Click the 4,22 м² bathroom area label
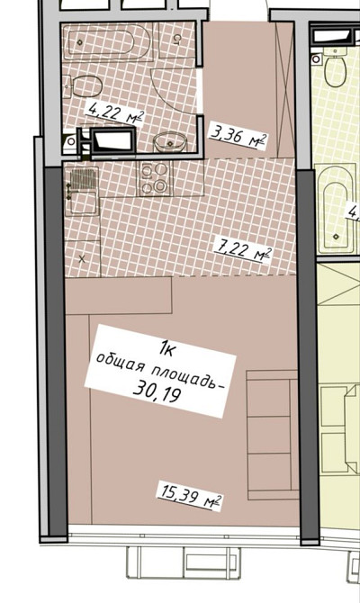(x=115, y=112)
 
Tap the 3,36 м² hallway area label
(x=238, y=135)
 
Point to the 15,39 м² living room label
(x=190, y=497)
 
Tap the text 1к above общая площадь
(x=166, y=349)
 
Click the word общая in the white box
(x=121, y=363)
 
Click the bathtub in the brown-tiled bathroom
(x=109, y=41)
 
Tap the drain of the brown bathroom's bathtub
(x=80, y=42)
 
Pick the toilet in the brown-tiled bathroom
(x=83, y=86)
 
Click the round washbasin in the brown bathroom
(x=170, y=143)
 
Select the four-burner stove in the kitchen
(x=156, y=178)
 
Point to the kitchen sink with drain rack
(x=82, y=191)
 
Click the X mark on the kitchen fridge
(x=82, y=259)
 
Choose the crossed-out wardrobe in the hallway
(x=285, y=89)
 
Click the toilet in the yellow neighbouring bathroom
(x=335, y=68)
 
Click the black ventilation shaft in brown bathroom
(x=112, y=140)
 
